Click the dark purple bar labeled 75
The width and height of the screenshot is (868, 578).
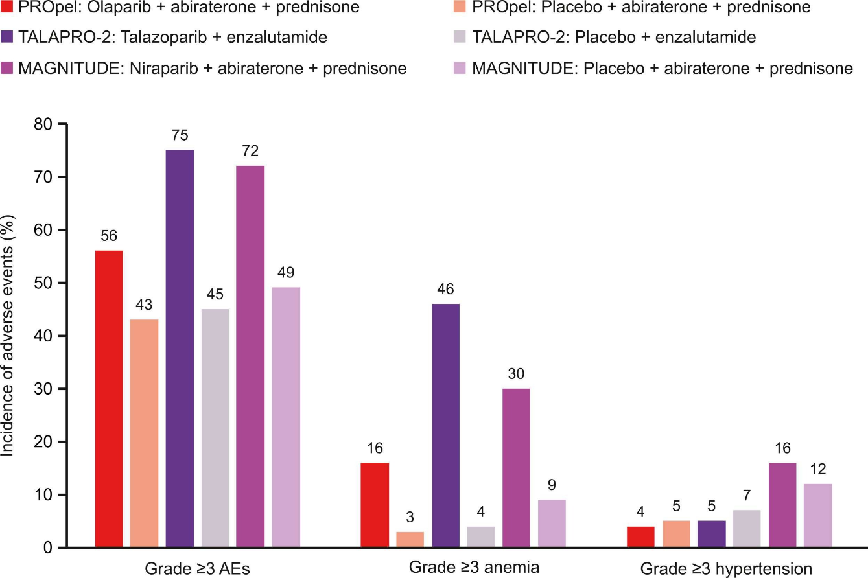pyautogui.click(x=180, y=349)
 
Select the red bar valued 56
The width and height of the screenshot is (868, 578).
pyautogui.click(x=109, y=399)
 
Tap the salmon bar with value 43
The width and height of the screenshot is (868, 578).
pyautogui.click(x=144, y=433)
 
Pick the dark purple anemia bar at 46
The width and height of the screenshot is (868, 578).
pyautogui.click(x=445, y=426)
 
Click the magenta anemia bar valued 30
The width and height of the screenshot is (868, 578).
pyautogui.click(x=516, y=468)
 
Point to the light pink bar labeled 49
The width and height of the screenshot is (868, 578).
pyautogui.click(x=286, y=417)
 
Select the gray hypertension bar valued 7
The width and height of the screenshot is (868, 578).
pyautogui.click(x=747, y=529)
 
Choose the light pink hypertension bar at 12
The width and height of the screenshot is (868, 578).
pyautogui.click(x=818, y=516)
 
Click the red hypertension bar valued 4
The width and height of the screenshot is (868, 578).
pyautogui.click(x=640, y=537)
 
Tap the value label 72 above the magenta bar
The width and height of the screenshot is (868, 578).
pyautogui.click(x=250, y=151)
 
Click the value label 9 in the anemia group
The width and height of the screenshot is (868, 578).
pyautogui.click(x=552, y=485)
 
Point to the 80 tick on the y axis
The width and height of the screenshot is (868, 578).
pyautogui.click(x=43, y=124)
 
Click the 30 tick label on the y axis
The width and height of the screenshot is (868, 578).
pyautogui.click(x=43, y=389)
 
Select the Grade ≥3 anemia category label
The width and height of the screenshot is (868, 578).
pyautogui.click(x=474, y=568)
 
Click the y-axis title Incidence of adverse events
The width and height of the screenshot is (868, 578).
pyautogui.click(x=7, y=336)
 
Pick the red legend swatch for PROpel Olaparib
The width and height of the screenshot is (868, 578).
pyautogui.click(x=6, y=6)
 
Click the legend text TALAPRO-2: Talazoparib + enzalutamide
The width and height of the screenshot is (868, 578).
pyautogui.click(x=173, y=37)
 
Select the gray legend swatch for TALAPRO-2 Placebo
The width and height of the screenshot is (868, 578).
pyautogui.click(x=460, y=37)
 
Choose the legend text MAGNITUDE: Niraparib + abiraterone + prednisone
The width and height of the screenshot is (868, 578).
pyautogui.click(x=213, y=69)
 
